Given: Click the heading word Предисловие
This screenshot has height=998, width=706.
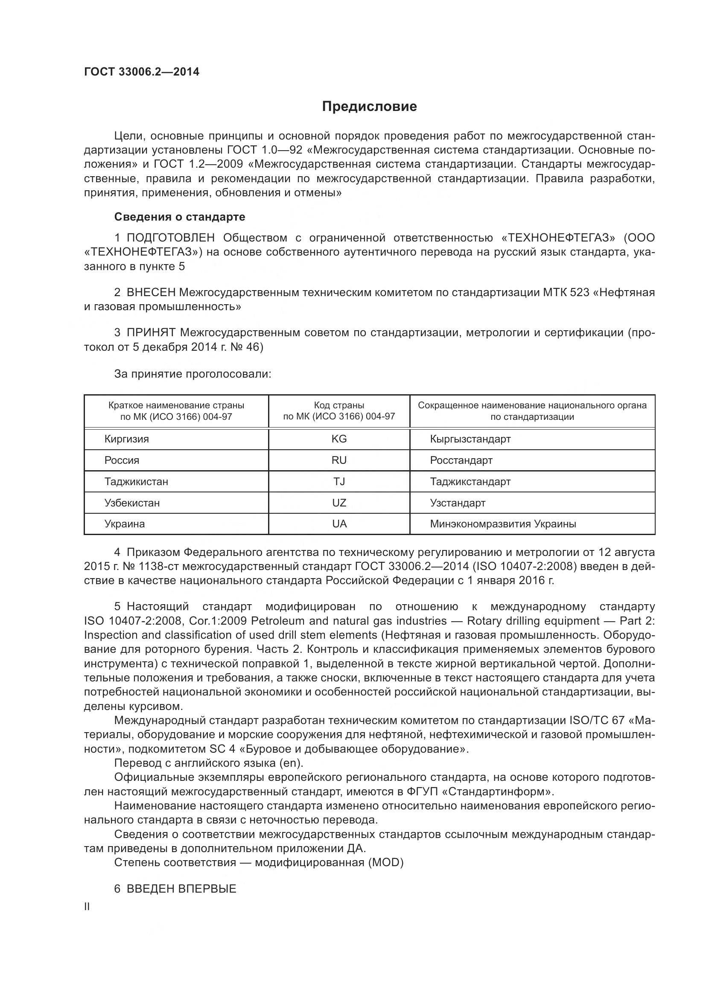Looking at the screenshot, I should [x=369, y=107].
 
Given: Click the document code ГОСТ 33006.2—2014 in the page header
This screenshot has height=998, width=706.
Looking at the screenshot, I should [x=142, y=72].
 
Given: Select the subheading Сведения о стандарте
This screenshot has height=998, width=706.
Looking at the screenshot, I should [x=180, y=217].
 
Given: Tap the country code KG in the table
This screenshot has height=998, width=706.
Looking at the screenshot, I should [x=339, y=439].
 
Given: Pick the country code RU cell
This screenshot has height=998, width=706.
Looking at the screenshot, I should [x=339, y=460].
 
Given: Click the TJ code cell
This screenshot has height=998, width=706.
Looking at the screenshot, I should [x=339, y=482].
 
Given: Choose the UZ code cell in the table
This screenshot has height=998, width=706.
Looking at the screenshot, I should [x=339, y=503].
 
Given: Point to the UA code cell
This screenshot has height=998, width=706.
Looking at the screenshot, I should [x=339, y=524].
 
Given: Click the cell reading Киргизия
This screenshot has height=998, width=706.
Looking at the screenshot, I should [x=126, y=439].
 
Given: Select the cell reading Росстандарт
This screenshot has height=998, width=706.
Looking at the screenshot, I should [x=461, y=460].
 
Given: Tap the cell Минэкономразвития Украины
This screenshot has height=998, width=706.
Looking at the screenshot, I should [x=503, y=524].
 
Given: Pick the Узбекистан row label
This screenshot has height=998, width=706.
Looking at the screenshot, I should [x=132, y=503].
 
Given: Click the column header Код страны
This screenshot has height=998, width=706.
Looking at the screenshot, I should [x=339, y=405].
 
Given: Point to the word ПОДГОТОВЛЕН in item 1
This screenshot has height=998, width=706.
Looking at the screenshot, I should [x=170, y=238].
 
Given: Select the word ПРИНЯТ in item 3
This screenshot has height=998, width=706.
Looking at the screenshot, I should [x=151, y=333].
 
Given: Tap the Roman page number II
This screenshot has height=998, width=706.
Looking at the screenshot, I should [x=87, y=907].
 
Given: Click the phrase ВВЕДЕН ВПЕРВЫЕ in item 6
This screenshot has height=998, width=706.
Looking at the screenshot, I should [x=181, y=889].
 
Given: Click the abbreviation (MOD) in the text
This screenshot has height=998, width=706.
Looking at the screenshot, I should [x=385, y=862].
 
